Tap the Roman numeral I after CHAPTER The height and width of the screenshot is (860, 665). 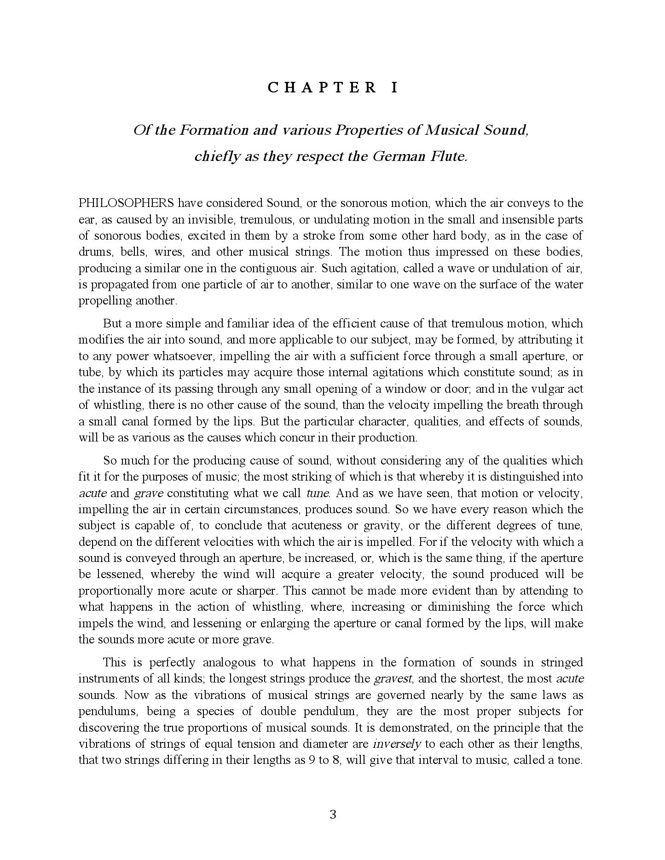tap(394, 88)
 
